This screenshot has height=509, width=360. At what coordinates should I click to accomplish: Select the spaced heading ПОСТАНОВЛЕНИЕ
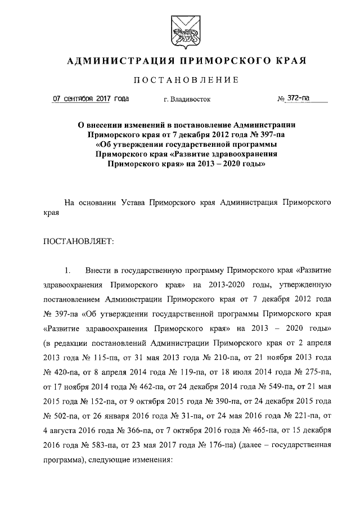(x=179, y=80)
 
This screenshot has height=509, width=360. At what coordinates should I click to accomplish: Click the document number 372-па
(x=298, y=99)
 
